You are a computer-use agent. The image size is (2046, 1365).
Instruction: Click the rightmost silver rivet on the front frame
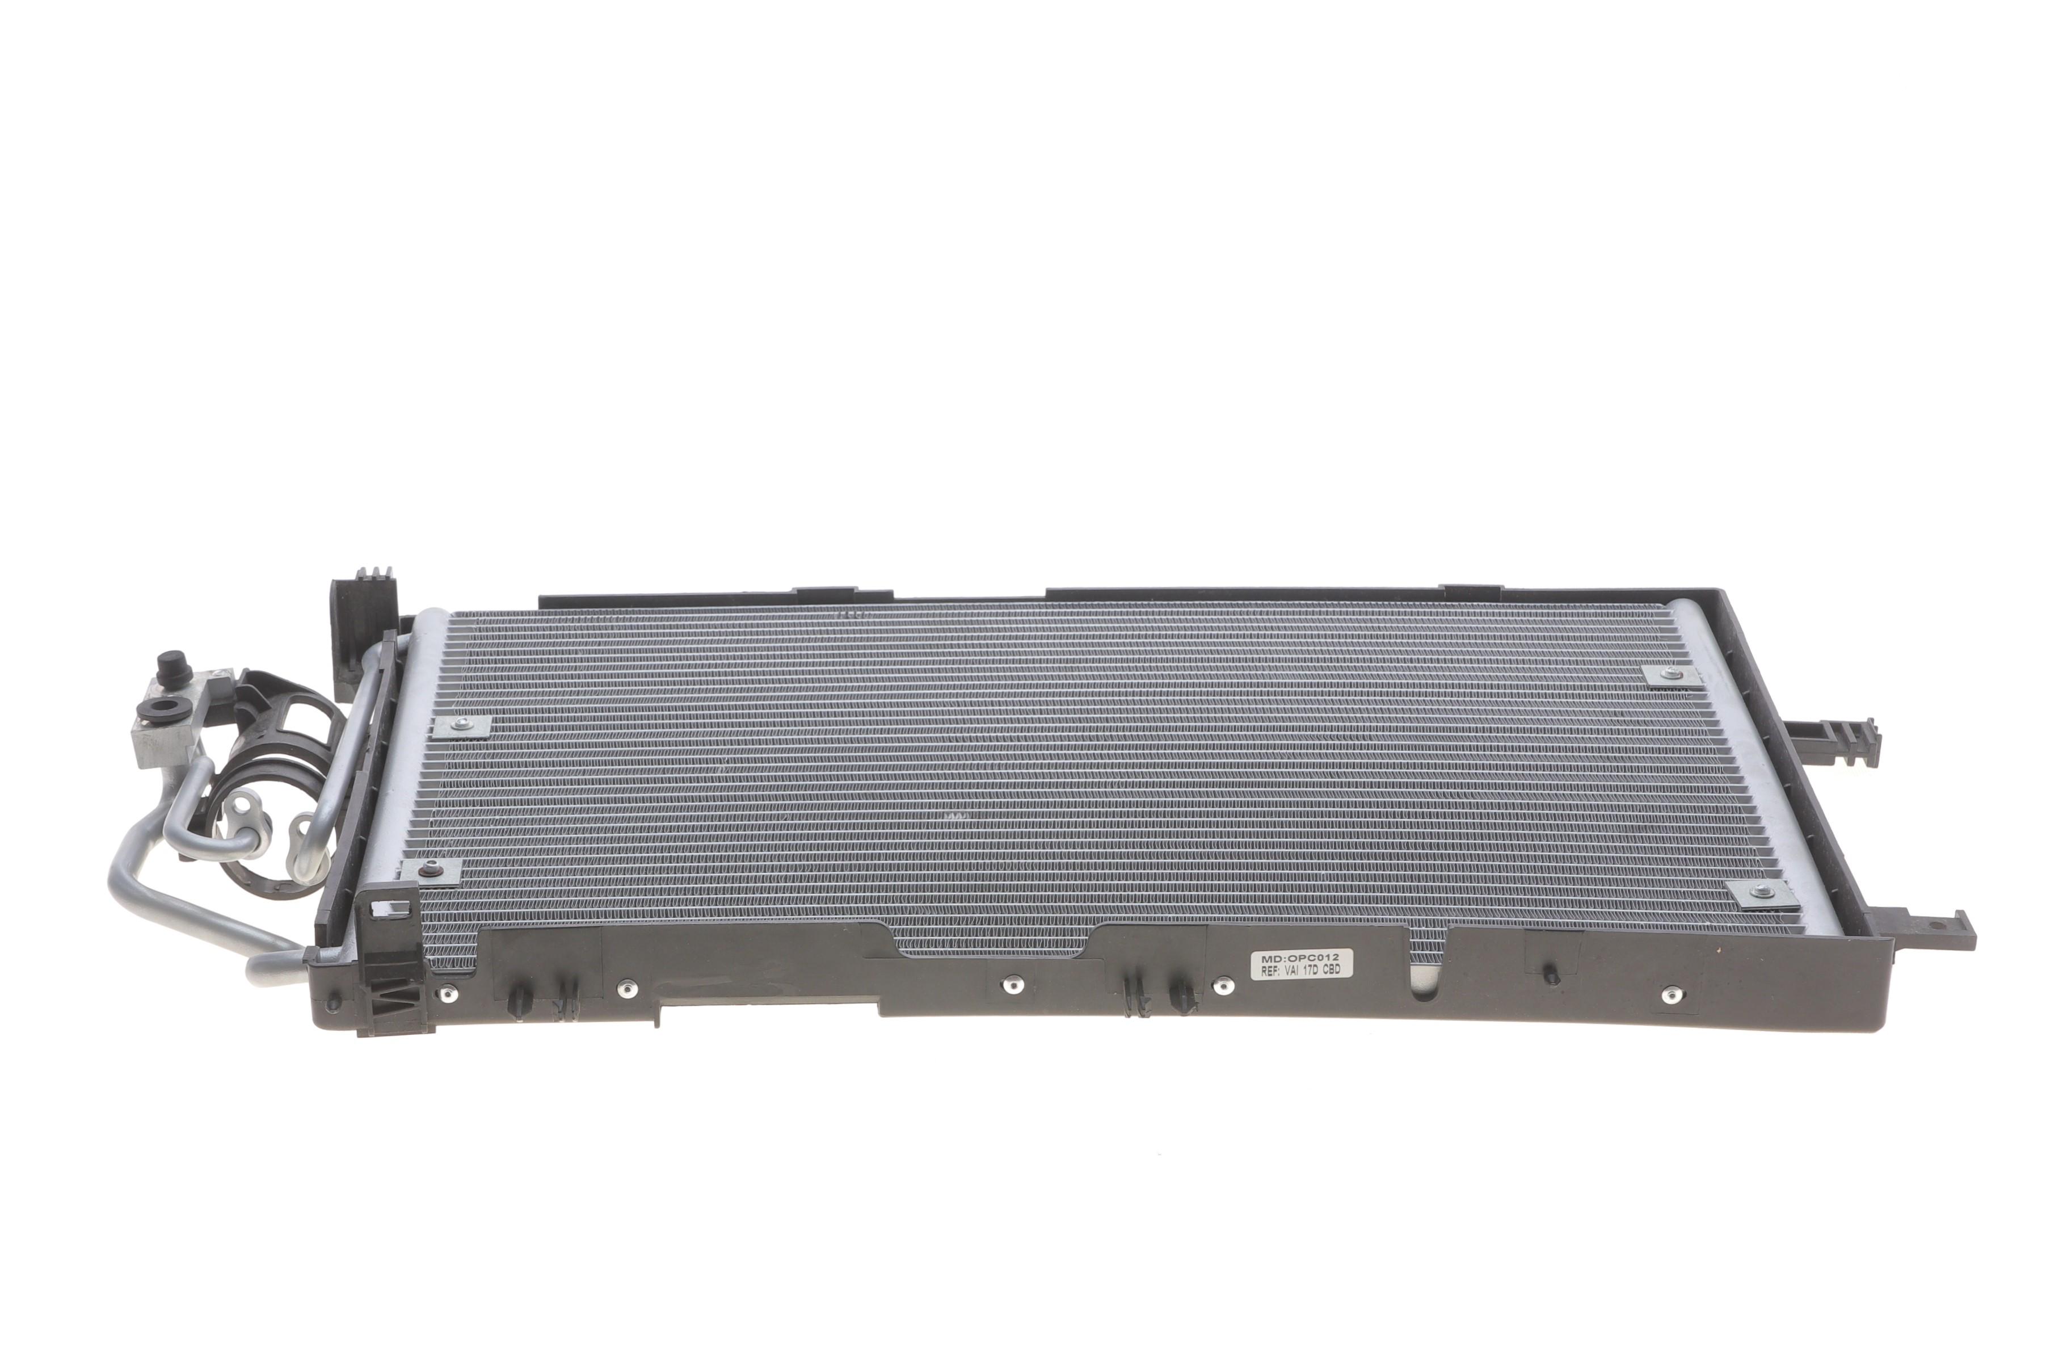(x=1670, y=994)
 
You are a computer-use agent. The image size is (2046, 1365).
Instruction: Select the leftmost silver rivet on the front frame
(x=447, y=994)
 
